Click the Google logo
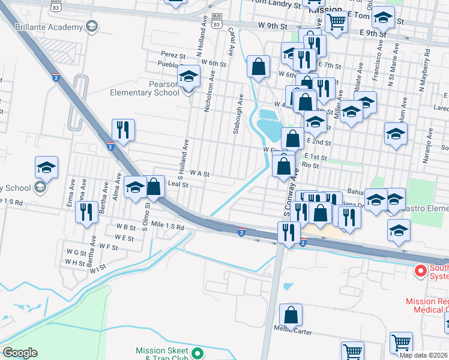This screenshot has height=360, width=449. [x=20, y=353]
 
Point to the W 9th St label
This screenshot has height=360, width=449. [x=273, y=26]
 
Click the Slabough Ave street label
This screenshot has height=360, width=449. [x=238, y=113]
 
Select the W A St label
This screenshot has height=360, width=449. [x=199, y=173]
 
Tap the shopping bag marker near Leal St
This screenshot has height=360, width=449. [x=154, y=187]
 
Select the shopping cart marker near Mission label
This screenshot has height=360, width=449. [x=337, y=22]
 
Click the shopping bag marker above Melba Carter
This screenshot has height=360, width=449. [x=291, y=315]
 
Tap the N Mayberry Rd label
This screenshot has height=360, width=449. [x=427, y=69]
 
